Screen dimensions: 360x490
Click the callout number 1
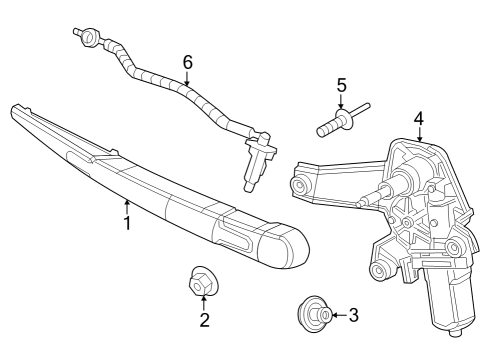tap(127, 225)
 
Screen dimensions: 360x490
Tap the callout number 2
tap(204, 320)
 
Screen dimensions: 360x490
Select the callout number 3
tap(352, 316)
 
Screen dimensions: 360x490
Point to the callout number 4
tap(419, 118)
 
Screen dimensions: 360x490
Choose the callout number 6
tap(187, 62)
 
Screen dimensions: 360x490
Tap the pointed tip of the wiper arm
tap(15, 108)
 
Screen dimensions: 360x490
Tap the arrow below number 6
tap(187, 79)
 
